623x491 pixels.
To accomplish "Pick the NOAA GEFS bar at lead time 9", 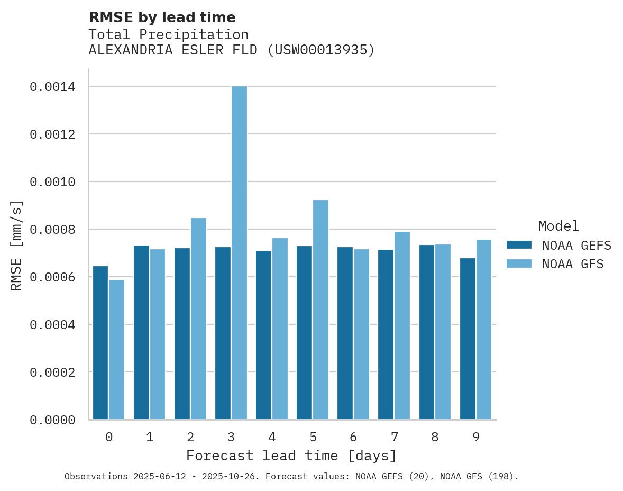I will click(468, 339).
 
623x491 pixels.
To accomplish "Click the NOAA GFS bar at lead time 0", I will click(117, 350).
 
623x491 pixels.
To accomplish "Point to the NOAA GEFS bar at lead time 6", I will click(345, 333).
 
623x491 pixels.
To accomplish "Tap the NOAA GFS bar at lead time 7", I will click(402, 325).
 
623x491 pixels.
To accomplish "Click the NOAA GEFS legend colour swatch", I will click(519, 245).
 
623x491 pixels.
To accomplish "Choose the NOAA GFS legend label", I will click(573, 264).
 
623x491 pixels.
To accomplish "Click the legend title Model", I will click(558, 226).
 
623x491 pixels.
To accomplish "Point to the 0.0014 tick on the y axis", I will click(59, 87).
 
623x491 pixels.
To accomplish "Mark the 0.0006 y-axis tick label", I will click(59, 277).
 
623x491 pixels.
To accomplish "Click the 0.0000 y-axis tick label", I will click(59, 420).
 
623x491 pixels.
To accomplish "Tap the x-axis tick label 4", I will click(272, 437).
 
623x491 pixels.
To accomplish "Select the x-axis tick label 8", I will click(435, 437).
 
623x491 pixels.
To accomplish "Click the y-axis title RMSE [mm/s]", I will click(16, 245).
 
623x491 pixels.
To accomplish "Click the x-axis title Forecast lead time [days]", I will click(291, 456).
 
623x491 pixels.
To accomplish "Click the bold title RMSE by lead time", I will click(162, 17).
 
